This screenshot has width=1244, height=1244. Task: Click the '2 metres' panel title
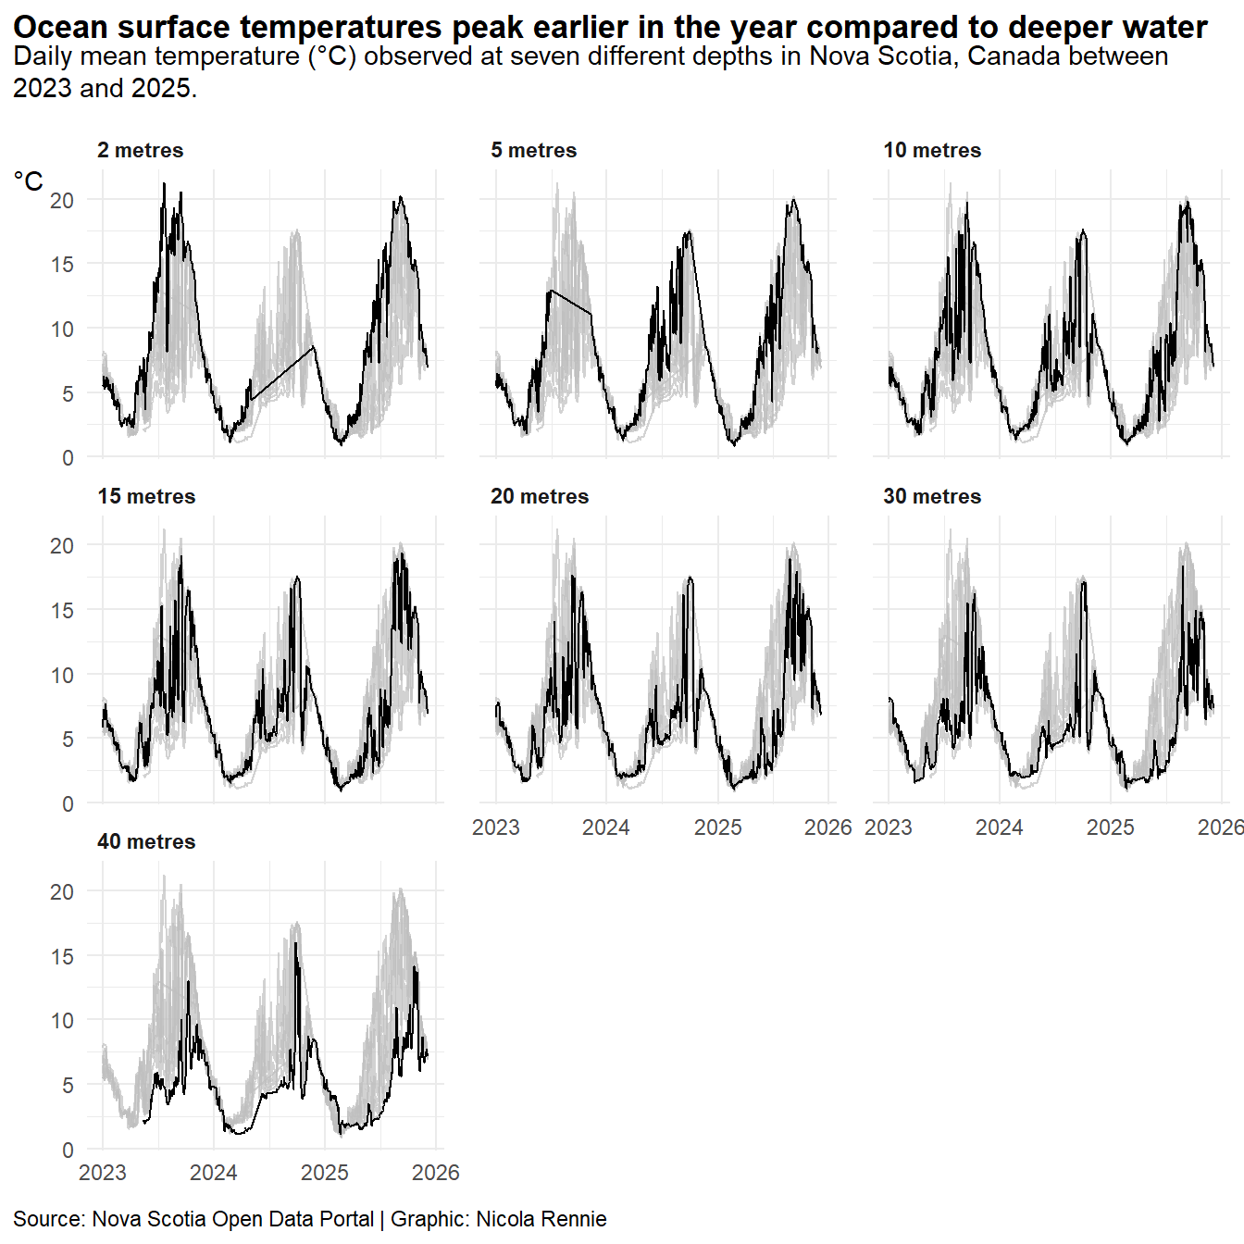click(140, 150)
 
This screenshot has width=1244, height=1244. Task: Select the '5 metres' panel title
click(533, 150)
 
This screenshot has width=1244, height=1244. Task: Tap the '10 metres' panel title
click(931, 150)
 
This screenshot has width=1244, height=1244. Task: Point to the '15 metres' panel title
click(146, 496)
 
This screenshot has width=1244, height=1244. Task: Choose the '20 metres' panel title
click(539, 496)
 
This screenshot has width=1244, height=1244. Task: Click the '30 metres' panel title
click(931, 496)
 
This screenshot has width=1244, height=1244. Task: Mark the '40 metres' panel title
click(146, 841)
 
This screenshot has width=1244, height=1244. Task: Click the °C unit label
click(29, 181)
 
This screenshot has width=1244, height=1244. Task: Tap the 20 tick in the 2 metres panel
click(62, 200)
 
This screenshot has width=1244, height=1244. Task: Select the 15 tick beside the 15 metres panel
click(62, 610)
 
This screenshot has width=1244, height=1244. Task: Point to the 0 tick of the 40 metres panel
click(68, 1150)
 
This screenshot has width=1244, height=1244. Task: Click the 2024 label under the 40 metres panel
click(214, 1173)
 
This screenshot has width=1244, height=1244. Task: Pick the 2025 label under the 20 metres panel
click(718, 827)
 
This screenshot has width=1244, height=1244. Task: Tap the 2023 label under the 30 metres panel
click(889, 827)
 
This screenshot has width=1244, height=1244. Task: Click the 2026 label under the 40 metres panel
click(435, 1173)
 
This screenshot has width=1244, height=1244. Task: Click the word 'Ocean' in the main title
click(60, 28)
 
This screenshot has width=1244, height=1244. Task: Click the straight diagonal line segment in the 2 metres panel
click(282, 373)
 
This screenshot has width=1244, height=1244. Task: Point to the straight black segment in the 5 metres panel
click(571, 303)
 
